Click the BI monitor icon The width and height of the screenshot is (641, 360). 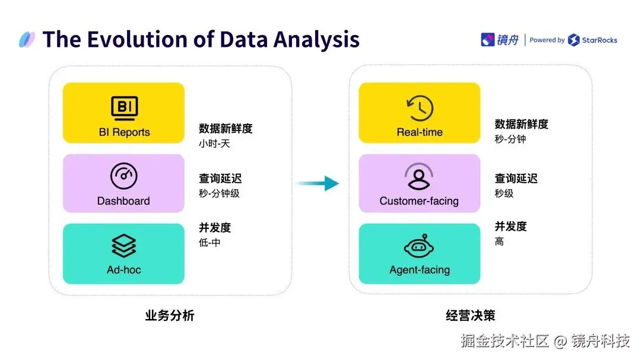coord(124,108)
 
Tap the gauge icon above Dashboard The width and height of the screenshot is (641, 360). coord(124,176)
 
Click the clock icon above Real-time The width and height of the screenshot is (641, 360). coord(420,108)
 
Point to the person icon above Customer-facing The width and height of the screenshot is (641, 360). coord(419,177)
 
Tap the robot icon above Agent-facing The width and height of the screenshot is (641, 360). coord(420,247)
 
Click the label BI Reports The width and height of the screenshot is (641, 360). coord(124,132)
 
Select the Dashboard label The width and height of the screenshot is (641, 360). coord(123,201)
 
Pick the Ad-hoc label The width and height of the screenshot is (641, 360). coord(123,270)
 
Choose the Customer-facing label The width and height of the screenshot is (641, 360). coord(419,201)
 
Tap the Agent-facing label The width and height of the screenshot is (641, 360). coord(420,270)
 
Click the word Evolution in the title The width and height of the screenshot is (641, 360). coord(149,39)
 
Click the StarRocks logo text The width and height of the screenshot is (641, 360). coord(599,40)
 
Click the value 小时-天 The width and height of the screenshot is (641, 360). coord(214,144)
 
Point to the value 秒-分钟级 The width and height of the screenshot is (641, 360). coord(219,193)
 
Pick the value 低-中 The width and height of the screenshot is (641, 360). coord(210,242)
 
